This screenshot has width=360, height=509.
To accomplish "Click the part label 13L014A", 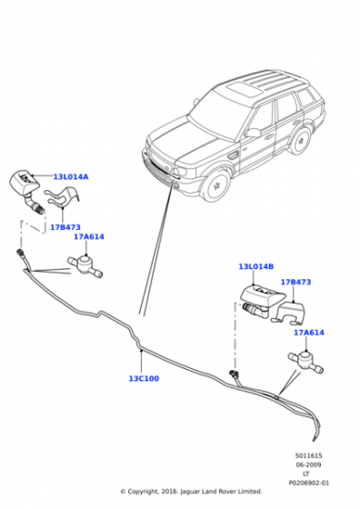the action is click(x=71, y=177).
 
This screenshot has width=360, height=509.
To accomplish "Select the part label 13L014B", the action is click(x=256, y=266).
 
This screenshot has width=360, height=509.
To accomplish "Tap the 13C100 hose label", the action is click(x=145, y=378).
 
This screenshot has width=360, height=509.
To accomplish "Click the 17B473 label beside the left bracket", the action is click(x=65, y=227).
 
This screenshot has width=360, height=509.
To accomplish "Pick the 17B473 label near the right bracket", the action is click(x=295, y=282).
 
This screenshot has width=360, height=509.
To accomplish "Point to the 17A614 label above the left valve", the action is click(x=89, y=236).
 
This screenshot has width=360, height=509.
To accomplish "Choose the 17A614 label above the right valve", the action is click(x=309, y=333).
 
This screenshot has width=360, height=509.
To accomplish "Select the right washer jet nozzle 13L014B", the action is click(x=261, y=301).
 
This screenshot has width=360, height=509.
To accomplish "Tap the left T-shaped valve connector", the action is click(x=85, y=265).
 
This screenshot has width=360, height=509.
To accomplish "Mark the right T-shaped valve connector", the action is click(x=305, y=362).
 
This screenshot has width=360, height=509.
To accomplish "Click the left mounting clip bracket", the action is click(x=63, y=197).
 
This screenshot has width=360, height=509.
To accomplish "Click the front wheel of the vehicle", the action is click(x=216, y=185).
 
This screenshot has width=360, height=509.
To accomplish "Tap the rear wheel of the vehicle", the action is click(x=301, y=141).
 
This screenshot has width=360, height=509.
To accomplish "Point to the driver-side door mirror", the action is click(x=253, y=133).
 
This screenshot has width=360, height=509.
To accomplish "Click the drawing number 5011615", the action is click(x=308, y=455).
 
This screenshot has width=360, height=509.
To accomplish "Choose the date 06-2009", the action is click(x=308, y=464).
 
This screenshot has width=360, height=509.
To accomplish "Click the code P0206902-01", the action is click(x=309, y=483).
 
